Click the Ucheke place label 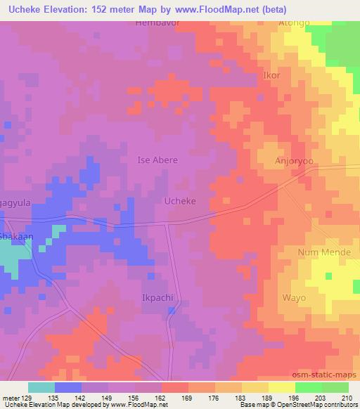[179, 201]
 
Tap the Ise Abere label [157, 160]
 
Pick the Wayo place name [294, 298]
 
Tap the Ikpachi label [157, 298]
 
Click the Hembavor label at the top [156, 23]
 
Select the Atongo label [294, 23]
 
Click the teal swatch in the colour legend [41, 387]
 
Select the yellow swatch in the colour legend [281, 387]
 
